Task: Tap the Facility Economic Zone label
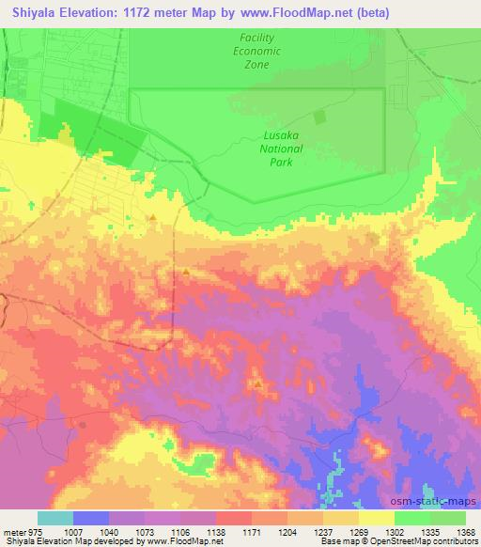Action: (x=256, y=52)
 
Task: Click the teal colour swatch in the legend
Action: (x=54, y=517)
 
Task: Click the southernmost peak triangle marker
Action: (x=256, y=384)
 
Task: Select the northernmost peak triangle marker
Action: (x=151, y=218)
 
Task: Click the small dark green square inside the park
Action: (x=318, y=117)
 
